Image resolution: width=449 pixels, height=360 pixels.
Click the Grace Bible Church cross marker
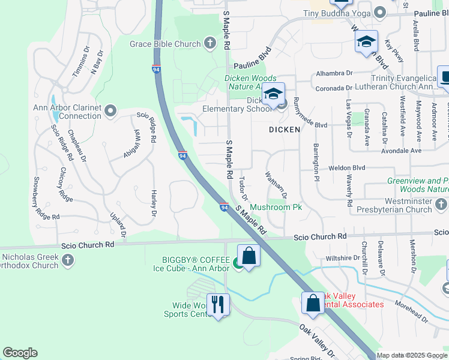click(209, 43)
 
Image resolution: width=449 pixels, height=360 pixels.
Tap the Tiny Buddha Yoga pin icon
click(379, 13)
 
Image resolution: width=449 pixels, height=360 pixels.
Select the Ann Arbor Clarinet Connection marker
click(110, 110)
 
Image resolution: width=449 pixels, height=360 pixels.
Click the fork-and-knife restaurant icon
click(217, 304)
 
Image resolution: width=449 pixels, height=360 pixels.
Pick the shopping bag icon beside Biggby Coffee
click(249, 256)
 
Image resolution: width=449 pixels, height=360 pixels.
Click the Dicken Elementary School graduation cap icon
click(273, 94)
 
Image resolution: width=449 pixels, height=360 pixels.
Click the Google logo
click(20, 353)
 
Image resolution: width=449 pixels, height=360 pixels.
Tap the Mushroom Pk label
click(276, 207)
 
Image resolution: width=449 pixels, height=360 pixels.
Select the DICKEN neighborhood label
click(284, 129)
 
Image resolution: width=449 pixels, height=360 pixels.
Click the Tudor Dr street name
click(243, 188)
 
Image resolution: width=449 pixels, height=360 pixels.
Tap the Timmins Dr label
click(80, 61)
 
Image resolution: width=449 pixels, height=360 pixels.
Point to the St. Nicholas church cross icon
click(68, 260)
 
